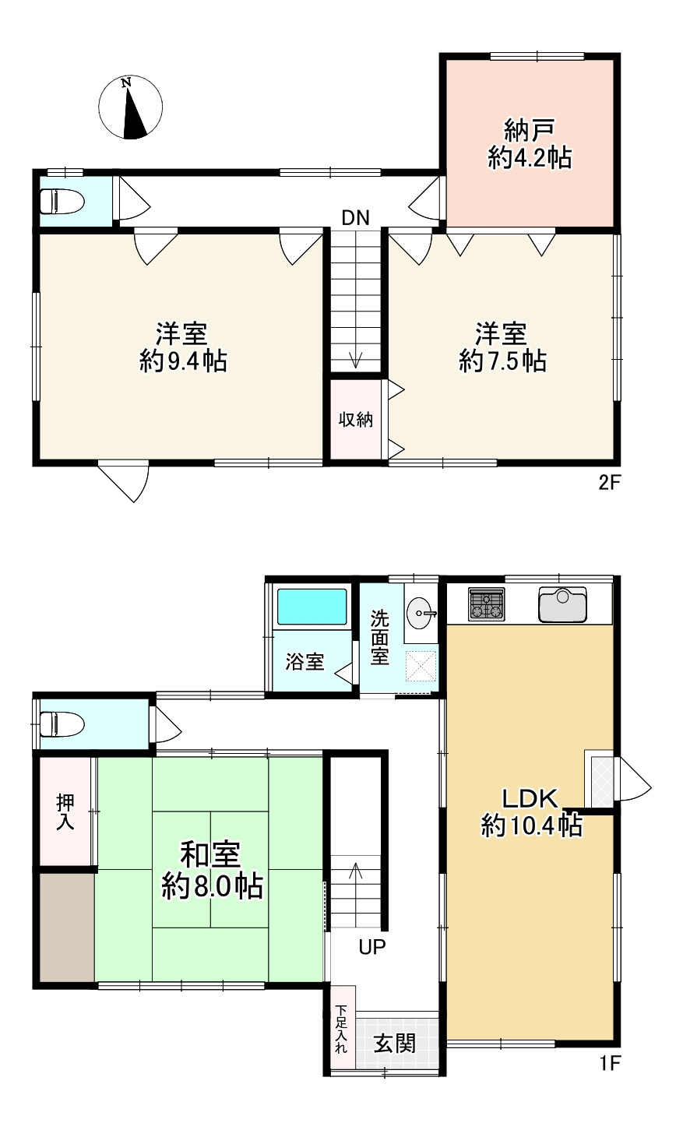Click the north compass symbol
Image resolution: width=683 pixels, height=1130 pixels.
pyautogui.click(x=131, y=108)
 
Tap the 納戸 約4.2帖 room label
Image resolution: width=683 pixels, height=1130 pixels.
pyautogui.click(x=530, y=144)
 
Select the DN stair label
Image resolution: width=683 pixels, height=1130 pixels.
pyautogui.click(x=355, y=217)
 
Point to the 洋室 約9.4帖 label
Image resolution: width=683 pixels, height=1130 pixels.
pyautogui.click(x=181, y=347)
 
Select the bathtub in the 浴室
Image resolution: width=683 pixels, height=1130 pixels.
pyautogui.click(x=312, y=606)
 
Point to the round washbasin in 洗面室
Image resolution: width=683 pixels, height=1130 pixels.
pyautogui.click(x=421, y=611)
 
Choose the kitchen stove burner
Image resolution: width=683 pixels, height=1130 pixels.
pyautogui.click(x=486, y=604)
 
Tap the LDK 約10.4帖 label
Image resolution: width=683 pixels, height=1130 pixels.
pyautogui.click(x=531, y=811)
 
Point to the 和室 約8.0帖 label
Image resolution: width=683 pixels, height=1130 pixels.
pyautogui.click(x=211, y=870)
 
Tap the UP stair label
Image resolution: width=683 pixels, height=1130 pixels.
pyautogui.click(x=372, y=947)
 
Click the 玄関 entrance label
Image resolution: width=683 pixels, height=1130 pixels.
pyautogui.click(x=393, y=1044)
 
